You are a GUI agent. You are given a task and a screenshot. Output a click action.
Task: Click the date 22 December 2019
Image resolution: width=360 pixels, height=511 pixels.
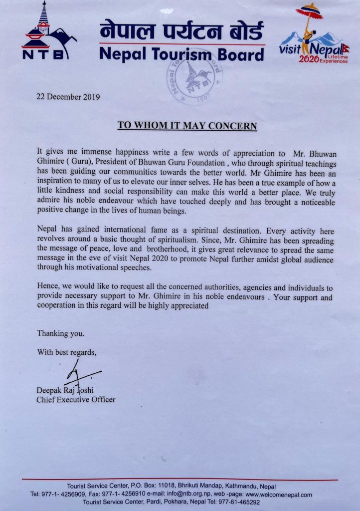coord(68,97)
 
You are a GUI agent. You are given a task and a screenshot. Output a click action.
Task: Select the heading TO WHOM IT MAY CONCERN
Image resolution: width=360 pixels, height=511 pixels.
coord(187,125)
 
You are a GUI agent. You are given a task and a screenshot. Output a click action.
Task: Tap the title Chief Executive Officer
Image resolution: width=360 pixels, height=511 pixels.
coord(76,399)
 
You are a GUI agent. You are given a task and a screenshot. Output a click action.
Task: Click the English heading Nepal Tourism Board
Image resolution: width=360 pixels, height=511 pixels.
coord(181,53)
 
